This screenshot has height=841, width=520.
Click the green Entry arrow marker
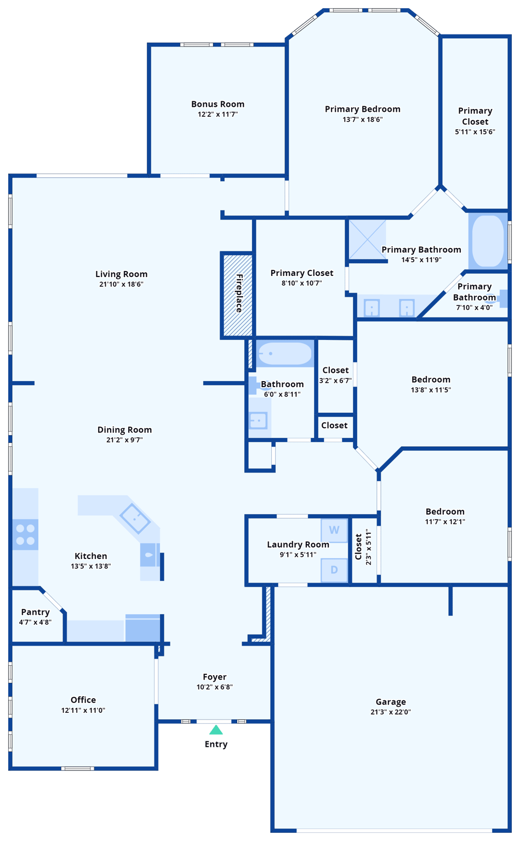[216, 730]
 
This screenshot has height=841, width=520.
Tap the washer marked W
[334, 530]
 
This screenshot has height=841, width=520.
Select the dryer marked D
[334, 570]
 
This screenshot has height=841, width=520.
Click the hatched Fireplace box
[237, 295]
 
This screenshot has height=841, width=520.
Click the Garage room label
[391, 701]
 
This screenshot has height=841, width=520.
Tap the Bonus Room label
[218, 104]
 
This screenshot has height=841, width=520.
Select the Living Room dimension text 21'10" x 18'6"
[121, 284]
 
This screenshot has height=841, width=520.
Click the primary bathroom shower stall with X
[367, 239]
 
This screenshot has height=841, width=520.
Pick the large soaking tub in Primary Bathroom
[488, 241]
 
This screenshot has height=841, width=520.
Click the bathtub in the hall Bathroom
[284, 354]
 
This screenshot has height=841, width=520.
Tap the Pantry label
[35, 612]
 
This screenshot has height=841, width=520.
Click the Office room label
[83, 700]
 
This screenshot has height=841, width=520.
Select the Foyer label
[214, 677]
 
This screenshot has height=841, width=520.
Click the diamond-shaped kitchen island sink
[135, 518]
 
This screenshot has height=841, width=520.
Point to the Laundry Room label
[298, 544]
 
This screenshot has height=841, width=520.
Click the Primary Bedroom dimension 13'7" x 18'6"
[362, 119]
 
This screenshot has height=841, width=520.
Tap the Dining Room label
[124, 430]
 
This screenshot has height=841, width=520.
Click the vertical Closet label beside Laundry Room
[358, 547]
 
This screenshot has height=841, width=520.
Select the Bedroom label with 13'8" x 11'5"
[431, 379]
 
